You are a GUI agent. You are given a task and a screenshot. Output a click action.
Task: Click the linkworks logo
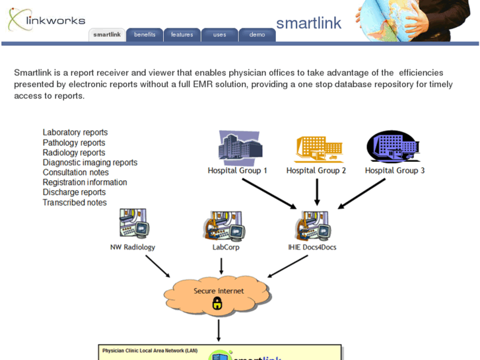46,19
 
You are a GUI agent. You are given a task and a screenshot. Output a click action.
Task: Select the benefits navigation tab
145,34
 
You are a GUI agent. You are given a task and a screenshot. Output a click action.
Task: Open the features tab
182,34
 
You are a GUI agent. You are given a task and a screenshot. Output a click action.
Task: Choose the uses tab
220,34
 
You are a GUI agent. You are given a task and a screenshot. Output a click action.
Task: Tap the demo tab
257,34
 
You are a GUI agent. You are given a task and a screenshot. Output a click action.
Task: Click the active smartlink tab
107,34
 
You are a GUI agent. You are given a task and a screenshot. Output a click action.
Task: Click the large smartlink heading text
308,23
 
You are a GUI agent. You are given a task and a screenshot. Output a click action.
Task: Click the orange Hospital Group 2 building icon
318,149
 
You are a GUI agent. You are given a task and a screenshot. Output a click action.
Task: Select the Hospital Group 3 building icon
394,147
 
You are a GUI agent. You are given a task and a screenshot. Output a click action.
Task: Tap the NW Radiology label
133,247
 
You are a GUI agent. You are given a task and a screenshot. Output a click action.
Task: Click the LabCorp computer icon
223,225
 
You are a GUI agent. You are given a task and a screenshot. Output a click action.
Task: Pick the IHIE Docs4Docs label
312,247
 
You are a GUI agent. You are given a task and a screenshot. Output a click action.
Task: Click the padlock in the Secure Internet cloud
217,303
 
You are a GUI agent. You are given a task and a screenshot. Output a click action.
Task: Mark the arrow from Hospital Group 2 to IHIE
317,192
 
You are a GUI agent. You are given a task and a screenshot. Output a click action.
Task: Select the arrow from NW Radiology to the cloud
157,266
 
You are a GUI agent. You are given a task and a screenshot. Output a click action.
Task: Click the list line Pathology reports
74,143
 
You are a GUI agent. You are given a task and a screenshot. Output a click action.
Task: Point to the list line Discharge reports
74,192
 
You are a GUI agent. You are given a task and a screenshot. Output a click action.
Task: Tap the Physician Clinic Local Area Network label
150,350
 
